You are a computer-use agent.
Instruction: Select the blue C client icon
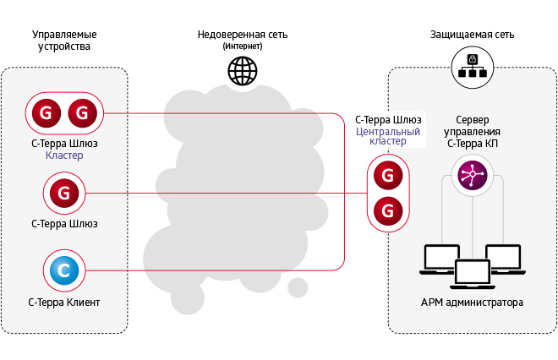point(64,270)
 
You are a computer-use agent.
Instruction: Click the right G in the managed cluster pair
point(82,112)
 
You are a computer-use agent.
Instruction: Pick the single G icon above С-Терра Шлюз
point(64,194)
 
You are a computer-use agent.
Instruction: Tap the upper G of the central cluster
point(387,176)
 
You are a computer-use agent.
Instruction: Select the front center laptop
point(472,274)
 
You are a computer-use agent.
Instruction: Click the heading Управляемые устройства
point(64,41)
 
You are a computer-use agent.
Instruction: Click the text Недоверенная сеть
point(243,35)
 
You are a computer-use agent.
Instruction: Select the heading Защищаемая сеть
point(472,35)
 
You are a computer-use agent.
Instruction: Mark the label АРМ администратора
point(472,303)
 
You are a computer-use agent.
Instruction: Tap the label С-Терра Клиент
point(64,302)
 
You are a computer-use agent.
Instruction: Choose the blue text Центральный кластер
point(388,137)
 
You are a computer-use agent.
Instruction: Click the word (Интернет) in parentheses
point(243,46)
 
